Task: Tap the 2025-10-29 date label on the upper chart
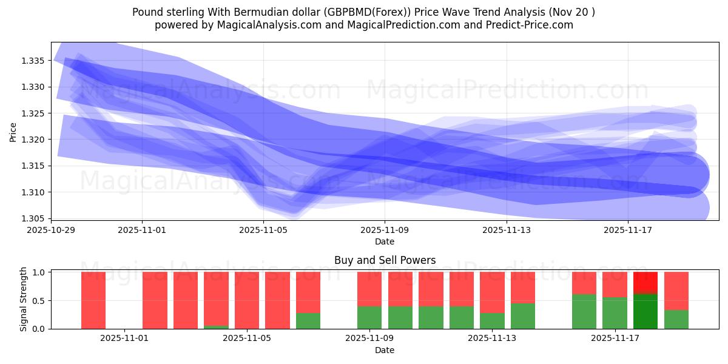tap(51, 230)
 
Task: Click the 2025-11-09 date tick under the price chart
tap(385, 230)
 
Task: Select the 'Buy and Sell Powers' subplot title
tap(385, 260)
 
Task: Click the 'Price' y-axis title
tap(13, 131)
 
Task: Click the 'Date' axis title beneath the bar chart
tap(385, 350)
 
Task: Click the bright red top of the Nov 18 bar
tap(645, 282)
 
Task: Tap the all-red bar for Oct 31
tap(93, 300)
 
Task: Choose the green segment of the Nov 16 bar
tap(584, 312)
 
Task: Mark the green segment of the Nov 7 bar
tap(308, 321)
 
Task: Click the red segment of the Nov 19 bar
tap(676, 291)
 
